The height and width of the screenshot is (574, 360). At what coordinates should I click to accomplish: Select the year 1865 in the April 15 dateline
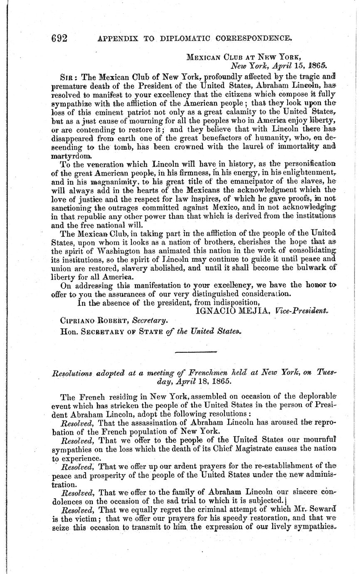click(x=317, y=65)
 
